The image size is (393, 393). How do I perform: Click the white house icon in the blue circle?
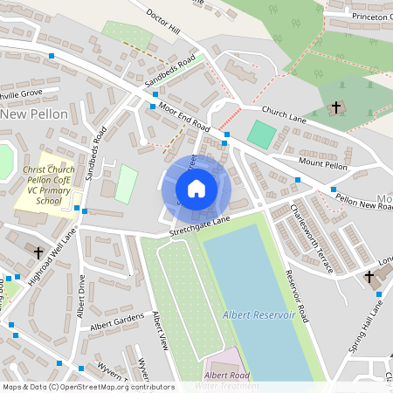point(196,188)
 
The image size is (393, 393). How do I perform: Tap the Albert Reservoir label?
point(259,314)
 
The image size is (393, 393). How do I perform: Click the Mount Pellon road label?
point(323,165)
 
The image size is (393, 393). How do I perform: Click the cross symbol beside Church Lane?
point(335,107)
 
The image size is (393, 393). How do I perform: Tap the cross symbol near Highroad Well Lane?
point(38,252)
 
